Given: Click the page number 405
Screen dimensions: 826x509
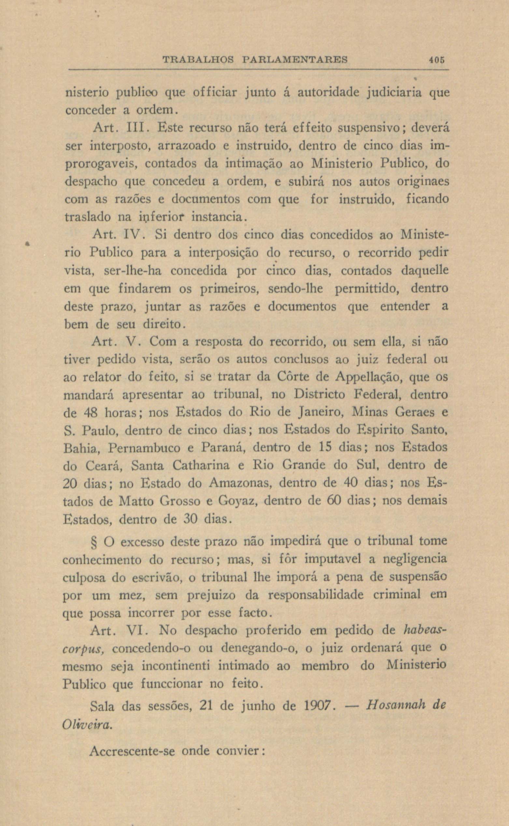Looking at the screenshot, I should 437,60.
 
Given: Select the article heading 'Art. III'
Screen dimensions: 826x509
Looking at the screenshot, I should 118,128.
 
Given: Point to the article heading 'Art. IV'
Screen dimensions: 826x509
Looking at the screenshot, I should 118,235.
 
